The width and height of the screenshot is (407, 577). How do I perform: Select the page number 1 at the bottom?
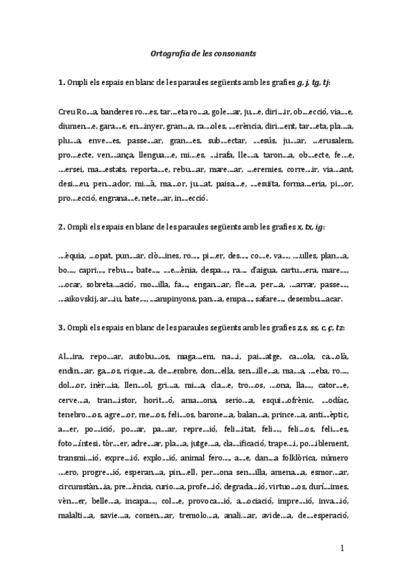(342, 548)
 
